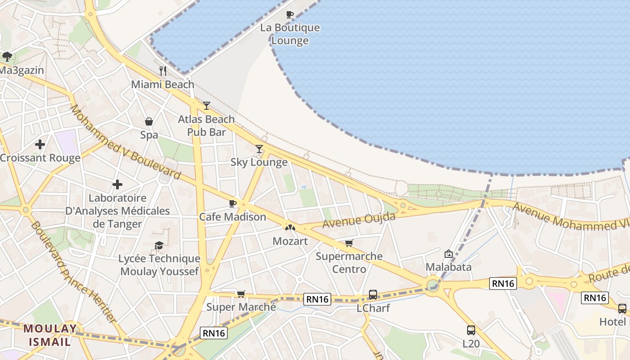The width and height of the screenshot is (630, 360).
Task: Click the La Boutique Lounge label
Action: pyautogui.click(x=290, y=34)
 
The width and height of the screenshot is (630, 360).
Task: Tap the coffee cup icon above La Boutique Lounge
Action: pyautogui.click(x=290, y=14)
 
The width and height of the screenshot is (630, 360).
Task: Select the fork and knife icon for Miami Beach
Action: pyautogui.click(x=163, y=71)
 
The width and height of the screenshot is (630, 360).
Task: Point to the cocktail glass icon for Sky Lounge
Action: pyautogui.click(x=259, y=149)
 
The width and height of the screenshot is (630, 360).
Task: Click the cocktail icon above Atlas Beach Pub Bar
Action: pyautogui.click(x=207, y=106)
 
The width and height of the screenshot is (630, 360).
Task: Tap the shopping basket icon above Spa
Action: pyautogui.click(x=149, y=121)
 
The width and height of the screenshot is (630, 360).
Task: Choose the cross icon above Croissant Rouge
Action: pyautogui.click(x=40, y=144)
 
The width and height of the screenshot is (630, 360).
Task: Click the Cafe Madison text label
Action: pyautogui.click(x=233, y=217)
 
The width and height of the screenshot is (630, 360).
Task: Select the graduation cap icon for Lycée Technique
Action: pyautogui.click(x=159, y=245)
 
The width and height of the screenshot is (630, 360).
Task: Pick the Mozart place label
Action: pyautogui.click(x=290, y=241)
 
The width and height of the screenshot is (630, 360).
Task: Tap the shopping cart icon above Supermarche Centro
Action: pyautogui.click(x=349, y=243)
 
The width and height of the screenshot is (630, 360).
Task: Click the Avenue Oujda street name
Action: pyautogui.click(x=359, y=220)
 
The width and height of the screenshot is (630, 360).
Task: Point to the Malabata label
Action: pyautogui.click(x=449, y=267)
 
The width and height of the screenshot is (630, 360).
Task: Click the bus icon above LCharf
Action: pyautogui.click(x=373, y=295)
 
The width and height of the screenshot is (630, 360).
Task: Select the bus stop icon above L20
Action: pyautogui.click(x=471, y=330)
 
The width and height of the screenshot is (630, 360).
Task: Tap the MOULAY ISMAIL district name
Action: pyautogui.click(x=50, y=335)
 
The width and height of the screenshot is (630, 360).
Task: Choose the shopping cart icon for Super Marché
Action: pyautogui.click(x=241, y=294)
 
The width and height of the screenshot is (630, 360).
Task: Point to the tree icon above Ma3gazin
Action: pyautogui.click(x=7, y=57)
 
